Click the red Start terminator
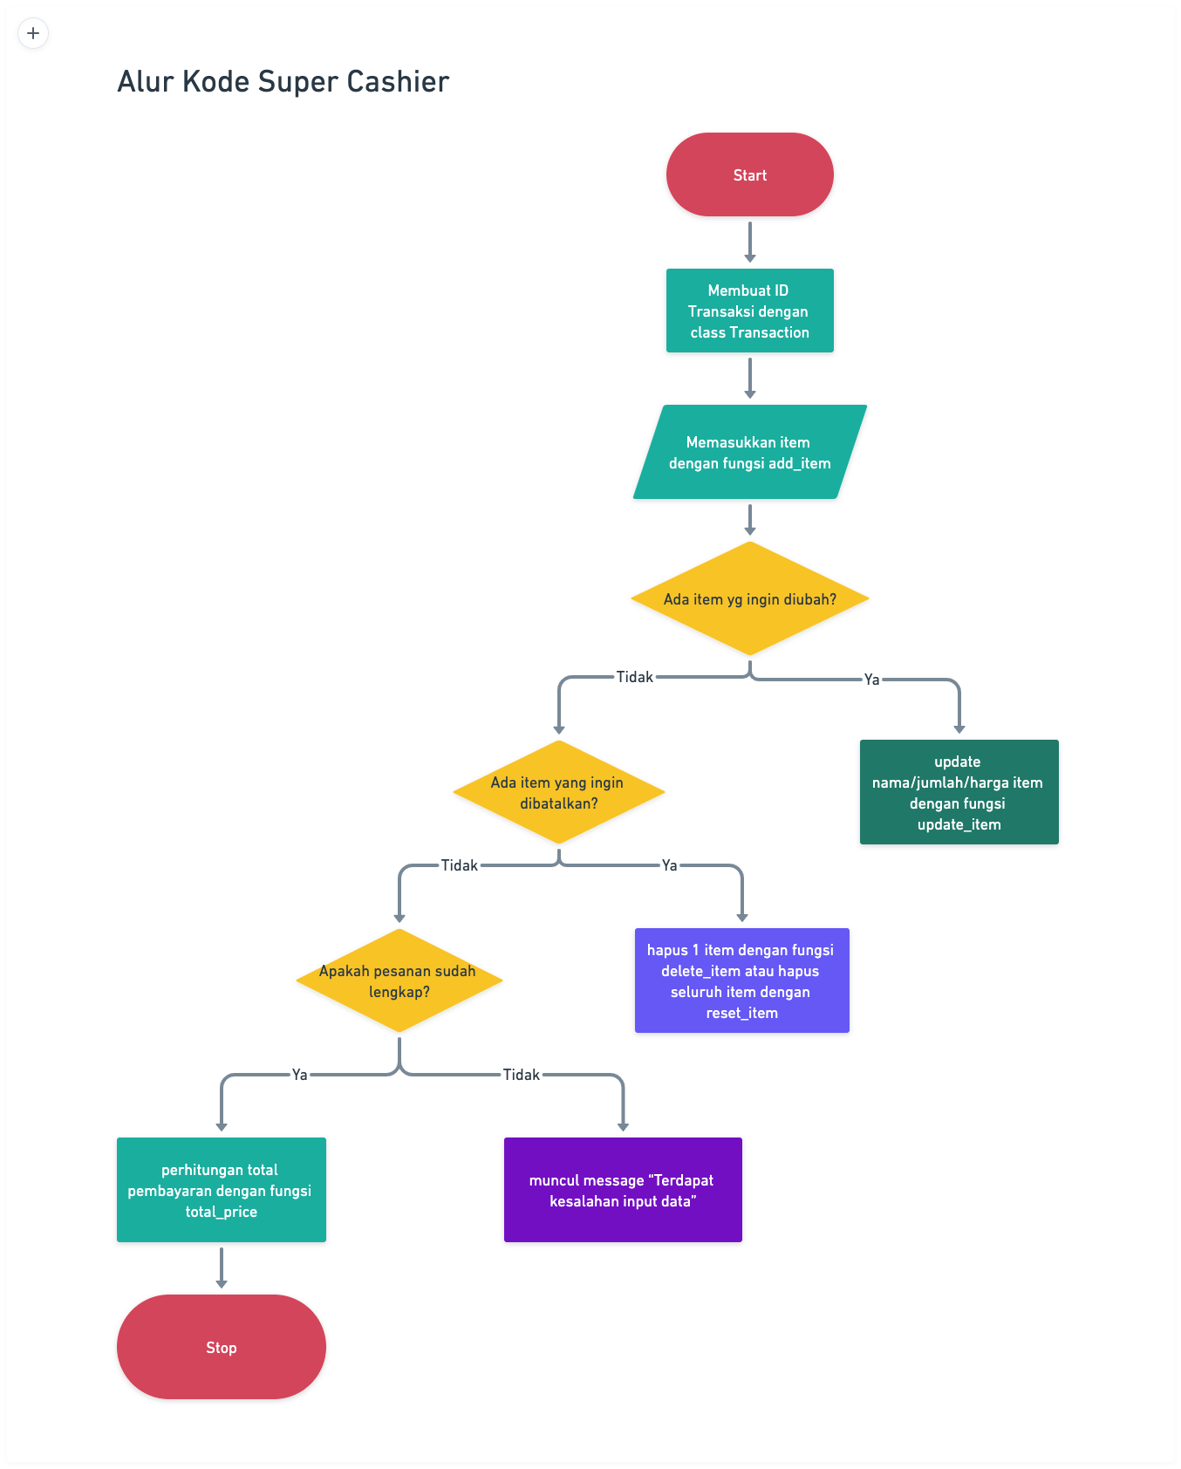click(749, 174)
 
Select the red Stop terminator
click(221, 1347)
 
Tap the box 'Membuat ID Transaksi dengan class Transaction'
click(749, 311)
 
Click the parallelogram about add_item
click(749, 452)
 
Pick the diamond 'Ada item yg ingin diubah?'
click(749, 598)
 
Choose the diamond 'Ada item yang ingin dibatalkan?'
click(558, 792)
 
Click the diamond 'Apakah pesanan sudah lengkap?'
click(399, 980)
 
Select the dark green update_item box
click(959, 792)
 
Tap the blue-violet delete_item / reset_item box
click(741, 980)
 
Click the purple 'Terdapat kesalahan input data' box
click(623, 1190)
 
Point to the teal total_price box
click(221, 1190)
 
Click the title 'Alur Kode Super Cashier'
click(283, 81)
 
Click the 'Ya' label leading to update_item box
click(871, 680)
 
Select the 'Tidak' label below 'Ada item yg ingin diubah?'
click(634, 677)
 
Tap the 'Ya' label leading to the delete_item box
click(669, 865)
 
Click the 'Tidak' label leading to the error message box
click(521, 1075)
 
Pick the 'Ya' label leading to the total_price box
click(299, 1075)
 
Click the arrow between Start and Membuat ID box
click(749, 242)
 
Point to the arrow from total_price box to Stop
click(221, 1267)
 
